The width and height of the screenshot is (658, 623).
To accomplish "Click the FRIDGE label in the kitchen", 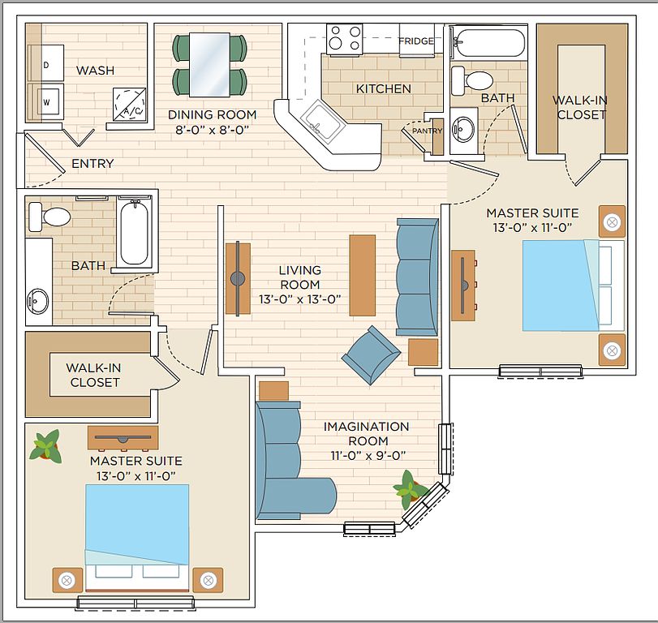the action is (x=416, y=41).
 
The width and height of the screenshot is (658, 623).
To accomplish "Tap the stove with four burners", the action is (x=345, y=40).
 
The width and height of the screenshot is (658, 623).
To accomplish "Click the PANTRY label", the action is (x=427, y=131).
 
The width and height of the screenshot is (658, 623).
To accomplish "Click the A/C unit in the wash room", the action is (x=129, y=105).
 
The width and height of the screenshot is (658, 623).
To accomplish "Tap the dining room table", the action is (x=209, y=65).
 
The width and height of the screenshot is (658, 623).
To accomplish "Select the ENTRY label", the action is (x=92, y=163).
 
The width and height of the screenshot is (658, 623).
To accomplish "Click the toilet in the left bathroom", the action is (x=49, y=217).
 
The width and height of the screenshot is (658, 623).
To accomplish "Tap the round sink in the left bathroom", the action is (x=38, y=301).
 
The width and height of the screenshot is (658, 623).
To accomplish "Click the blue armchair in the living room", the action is (x=371, y=355).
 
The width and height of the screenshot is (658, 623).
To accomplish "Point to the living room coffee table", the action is (x=362, y=275).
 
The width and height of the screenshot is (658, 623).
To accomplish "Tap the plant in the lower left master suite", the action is (x=45, y=446).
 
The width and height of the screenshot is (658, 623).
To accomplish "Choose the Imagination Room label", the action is (x=367, y=434).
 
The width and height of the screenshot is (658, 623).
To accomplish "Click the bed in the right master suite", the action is (x=574, y=286).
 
